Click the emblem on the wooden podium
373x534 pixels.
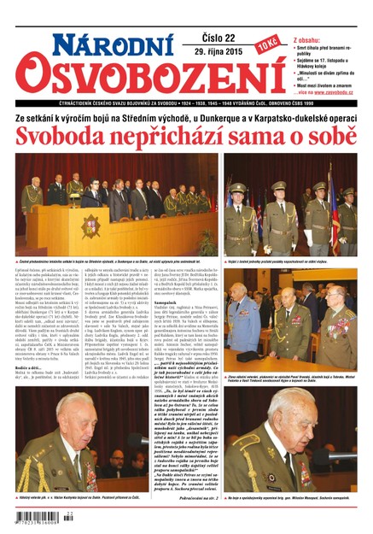click(x=90, y=227)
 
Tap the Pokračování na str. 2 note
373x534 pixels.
click(x=194, y=496)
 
